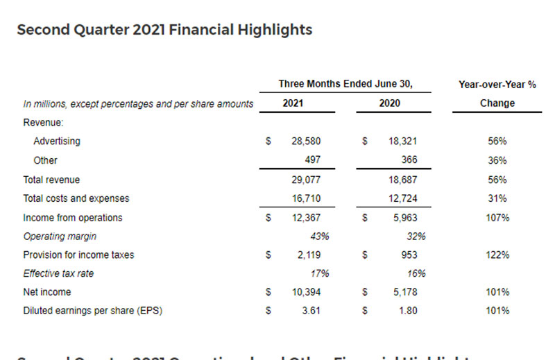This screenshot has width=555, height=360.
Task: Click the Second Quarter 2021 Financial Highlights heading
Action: click(x=164, y=30)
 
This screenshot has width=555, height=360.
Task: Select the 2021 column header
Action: click(x=293, y=103)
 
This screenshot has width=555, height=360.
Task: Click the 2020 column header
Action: click(x=389, y=103)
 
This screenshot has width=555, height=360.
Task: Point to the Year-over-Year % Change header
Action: click(x=497, y=94)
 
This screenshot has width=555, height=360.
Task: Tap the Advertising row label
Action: click(x=57, y=141)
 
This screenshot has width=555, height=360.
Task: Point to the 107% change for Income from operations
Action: click(x=497, y=217)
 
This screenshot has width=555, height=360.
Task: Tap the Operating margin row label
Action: click(x=59, y=236)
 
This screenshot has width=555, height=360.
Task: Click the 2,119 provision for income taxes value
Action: click(x=308, y=255)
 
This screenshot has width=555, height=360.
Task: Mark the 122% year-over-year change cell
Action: click(x=497, y=255)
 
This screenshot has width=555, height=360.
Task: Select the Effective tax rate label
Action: click(x=58, y=273)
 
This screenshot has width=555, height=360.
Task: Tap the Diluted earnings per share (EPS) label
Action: click(x=92, y=311)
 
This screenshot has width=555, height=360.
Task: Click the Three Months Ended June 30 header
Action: click(x=345, y=84)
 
